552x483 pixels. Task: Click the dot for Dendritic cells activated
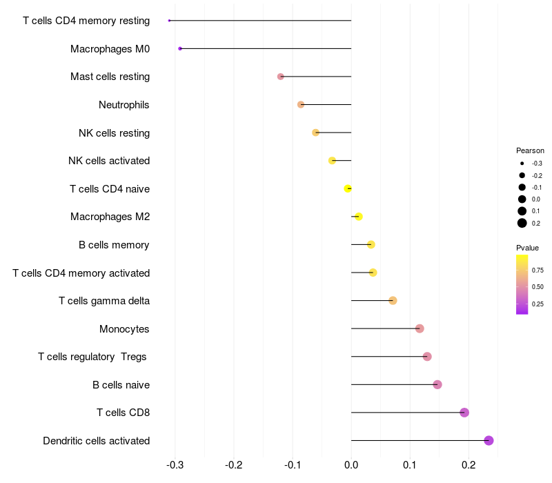pyautogui.click(x=489, y=440)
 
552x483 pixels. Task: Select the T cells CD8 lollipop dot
pyautogui.click(x=464, y=412)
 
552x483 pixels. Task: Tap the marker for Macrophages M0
pyautogui.click(x=180, y=48)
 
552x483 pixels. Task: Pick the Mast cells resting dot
pyautogui.click(x=281, y=77)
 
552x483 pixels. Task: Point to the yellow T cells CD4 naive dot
pyautogui.click(x=348, y=188)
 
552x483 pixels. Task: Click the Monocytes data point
pyautogui.click(x=420, y=328)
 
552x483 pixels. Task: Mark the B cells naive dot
pyautogui.click(x=437, y=384)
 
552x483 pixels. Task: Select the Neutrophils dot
pyautogui.click(x=301, y=105)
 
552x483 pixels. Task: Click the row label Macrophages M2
pyautogui.click(x=110, y=217)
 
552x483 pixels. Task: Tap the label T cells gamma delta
pyautogui.click(x=104, y=301)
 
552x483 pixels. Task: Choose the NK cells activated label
pyautogui.click(x=109, y=161)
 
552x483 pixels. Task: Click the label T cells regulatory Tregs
pyautogui.click(x=92, y=357)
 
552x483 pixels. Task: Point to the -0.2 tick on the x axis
pyautogui.click(x=234, y=465)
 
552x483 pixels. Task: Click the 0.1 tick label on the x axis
pyautogui.click(x=410, y=465)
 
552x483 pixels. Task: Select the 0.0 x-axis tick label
pyautogui.click(x=351, y=465)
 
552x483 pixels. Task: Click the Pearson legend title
pyautogui.click(x=530, y=150)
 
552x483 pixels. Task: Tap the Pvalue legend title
pyautogui.click(x=527, y=248)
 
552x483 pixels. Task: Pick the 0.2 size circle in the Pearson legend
pyautogui.click(x=522, y=223)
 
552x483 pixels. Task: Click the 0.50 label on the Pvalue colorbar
pyautogui.click(x=538, y=287)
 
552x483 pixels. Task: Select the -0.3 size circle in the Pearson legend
pyautogui.click(x=522, y=164)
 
